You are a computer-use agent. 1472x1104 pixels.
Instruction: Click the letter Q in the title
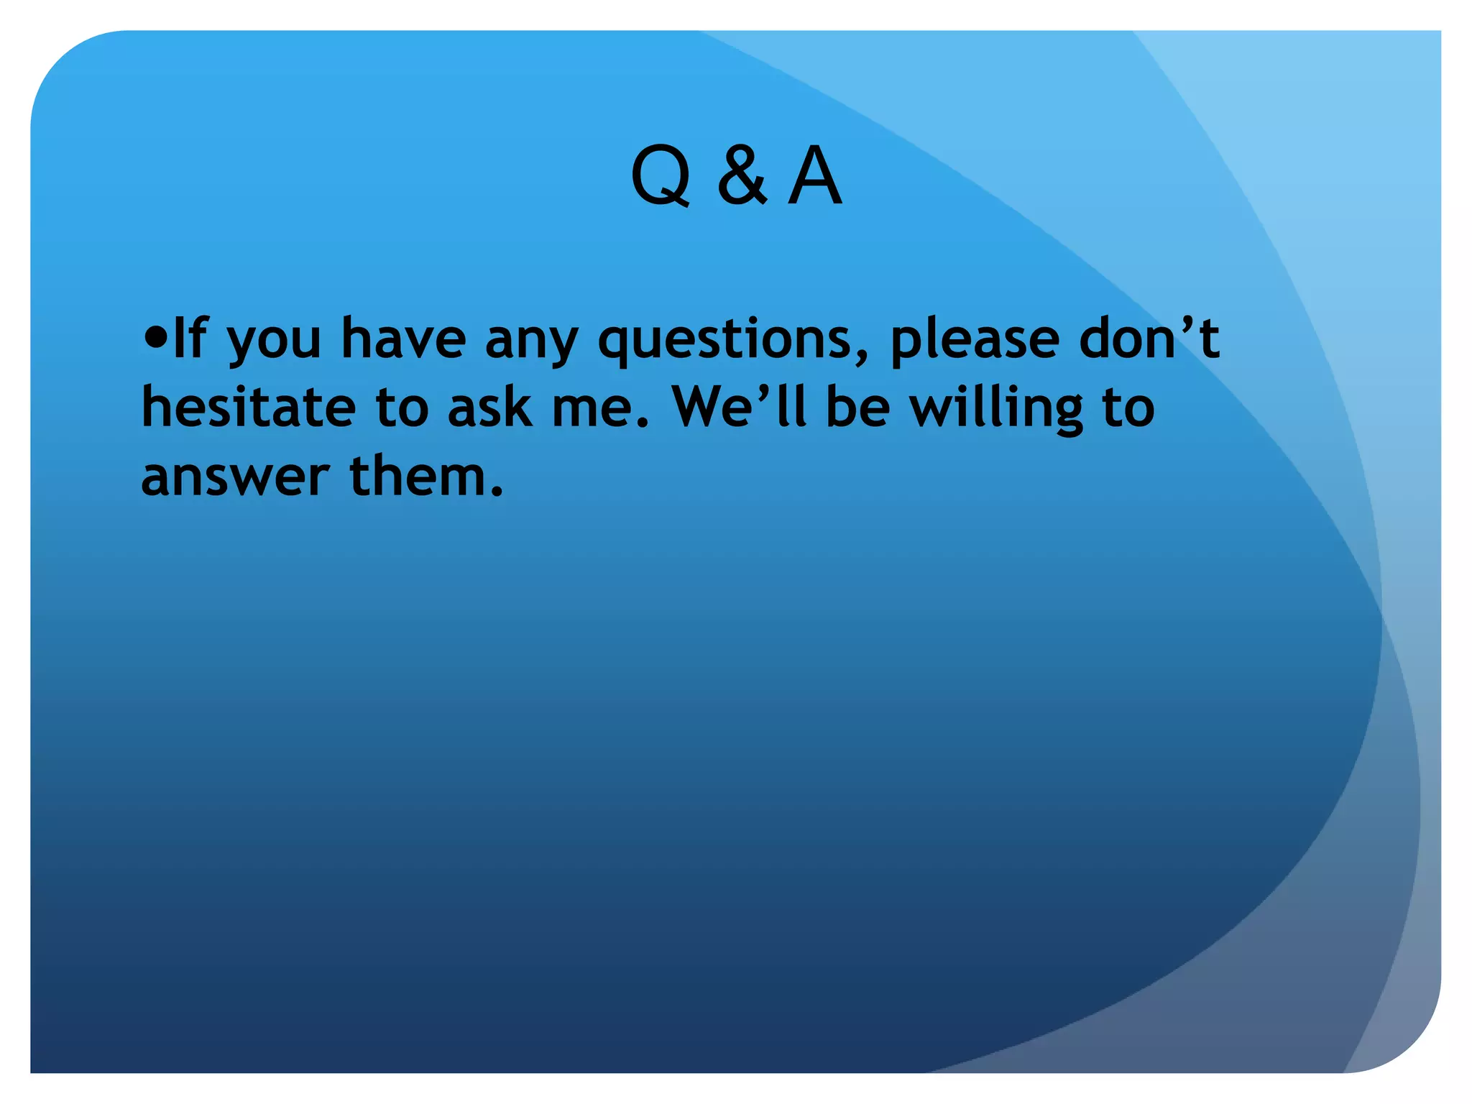pos(661,177)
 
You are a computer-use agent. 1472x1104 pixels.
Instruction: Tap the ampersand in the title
pos(742,177)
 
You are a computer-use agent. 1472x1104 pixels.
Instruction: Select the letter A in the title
pos(814,177)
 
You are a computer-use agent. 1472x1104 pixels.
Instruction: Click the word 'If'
pos(189,338)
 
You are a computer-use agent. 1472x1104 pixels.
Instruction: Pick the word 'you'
pos(274,342)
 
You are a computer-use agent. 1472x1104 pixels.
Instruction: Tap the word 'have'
pos(403,338)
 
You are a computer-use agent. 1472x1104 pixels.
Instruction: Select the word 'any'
pos(531,342)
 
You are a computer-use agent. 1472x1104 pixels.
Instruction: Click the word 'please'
pos(974,341)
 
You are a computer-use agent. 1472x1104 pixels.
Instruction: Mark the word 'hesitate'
pos(249,407)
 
